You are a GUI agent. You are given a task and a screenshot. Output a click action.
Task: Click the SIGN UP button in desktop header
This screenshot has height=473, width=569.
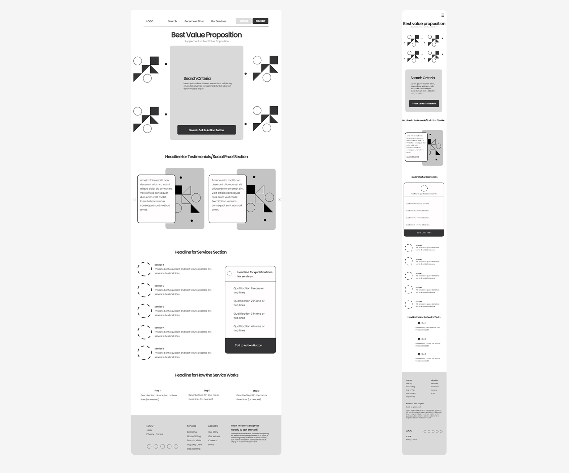tap(260, 21)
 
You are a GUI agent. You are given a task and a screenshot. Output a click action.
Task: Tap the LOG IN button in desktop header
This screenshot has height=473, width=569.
tap(243, 21)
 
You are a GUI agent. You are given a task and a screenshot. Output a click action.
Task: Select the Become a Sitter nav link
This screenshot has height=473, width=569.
tap(194, 21)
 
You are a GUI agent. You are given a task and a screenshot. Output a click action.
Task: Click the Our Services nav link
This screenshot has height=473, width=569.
tap(218, 21)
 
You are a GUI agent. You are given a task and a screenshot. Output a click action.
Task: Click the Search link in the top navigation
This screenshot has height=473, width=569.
tap(172, 21)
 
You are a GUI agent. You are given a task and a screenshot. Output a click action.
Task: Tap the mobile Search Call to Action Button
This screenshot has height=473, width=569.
tap(424, 104)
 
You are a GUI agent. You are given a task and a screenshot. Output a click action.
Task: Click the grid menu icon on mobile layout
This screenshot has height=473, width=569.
tap(442, 15)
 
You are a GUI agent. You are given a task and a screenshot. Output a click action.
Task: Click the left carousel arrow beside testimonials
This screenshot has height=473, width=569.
tap(134, 199)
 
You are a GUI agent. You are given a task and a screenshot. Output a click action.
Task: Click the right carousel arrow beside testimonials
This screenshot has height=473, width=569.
tap(279, 199)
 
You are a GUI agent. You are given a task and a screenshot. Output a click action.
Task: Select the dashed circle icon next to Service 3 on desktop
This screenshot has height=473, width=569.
tap(145, 311)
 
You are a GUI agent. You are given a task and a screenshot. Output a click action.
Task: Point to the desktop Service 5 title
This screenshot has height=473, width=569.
tap(159, 349)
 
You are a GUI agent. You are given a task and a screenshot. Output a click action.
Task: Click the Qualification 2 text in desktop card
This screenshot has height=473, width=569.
tap(249, 303)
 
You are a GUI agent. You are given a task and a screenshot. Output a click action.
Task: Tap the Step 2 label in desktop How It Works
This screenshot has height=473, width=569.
tap(207, 391)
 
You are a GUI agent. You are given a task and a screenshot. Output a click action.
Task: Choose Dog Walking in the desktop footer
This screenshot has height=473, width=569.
tap(194, 449)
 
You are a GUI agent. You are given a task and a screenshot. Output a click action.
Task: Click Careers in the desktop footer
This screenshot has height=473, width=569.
tap(212, 440)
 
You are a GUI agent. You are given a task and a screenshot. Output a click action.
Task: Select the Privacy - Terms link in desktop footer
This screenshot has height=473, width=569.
tap(154, 434)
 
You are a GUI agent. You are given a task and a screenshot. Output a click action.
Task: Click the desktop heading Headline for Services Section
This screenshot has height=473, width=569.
tap(201, 252)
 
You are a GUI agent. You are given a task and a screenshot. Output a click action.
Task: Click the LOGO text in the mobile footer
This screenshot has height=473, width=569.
tap(409, 431)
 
